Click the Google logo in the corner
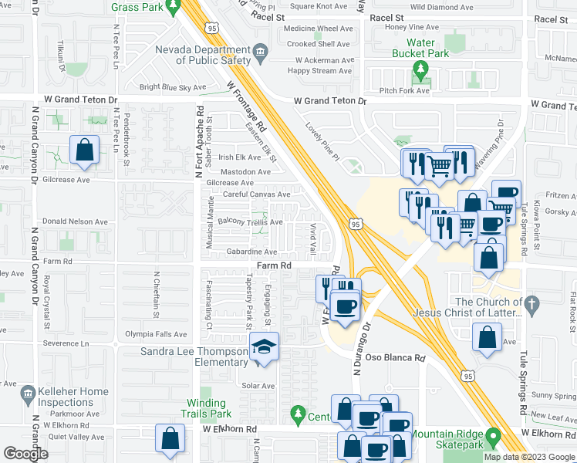coord(26,454)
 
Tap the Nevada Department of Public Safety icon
coord(260,52)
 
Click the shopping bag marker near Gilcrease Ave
coord(84,150)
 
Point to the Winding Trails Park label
coord(206,408)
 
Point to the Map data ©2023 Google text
coord(528,457)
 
